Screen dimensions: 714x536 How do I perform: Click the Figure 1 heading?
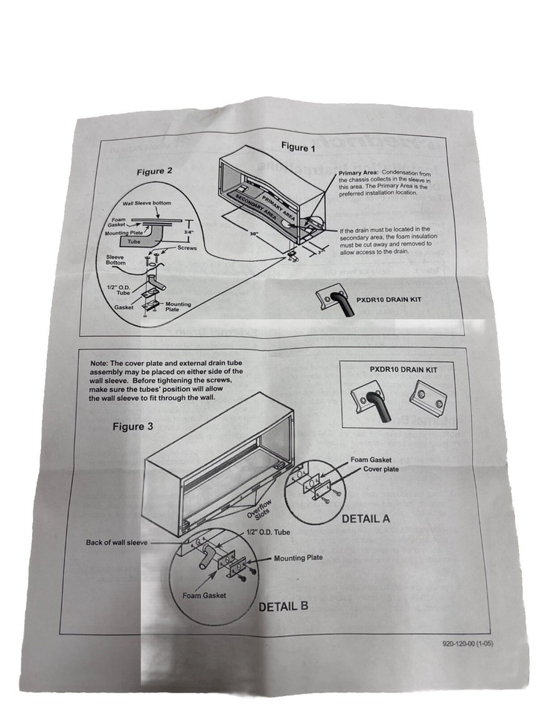(298, 147)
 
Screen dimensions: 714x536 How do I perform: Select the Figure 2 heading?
(155, 171)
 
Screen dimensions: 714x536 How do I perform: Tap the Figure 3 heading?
(133, 426)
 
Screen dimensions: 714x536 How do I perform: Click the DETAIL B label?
(283, 605)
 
